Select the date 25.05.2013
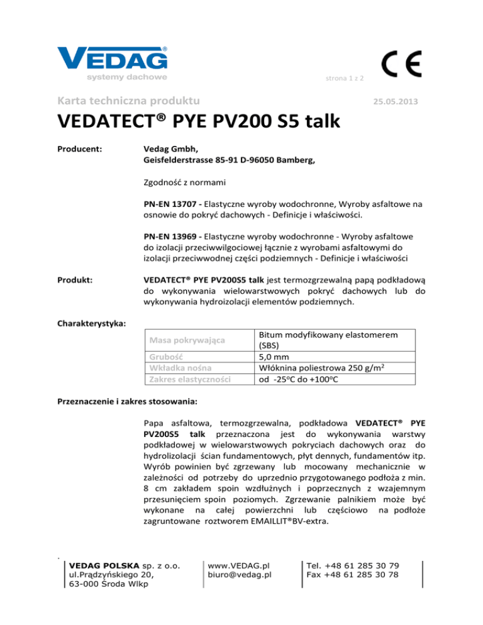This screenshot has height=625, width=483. coord(394,101)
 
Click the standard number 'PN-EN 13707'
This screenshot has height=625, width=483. coord(169,204)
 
